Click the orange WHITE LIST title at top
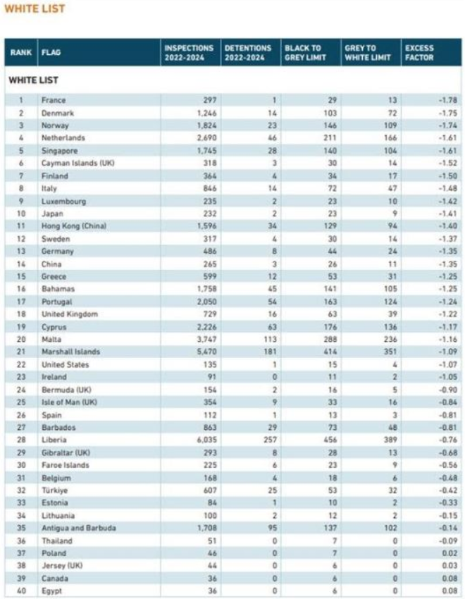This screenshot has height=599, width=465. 35,8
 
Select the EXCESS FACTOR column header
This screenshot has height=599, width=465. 419,53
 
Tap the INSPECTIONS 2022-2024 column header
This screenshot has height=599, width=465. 189,53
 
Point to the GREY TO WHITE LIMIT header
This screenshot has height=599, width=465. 368,53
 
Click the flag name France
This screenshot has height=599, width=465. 54,100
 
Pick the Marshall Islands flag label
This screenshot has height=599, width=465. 70,352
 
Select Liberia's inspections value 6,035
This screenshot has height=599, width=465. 206,440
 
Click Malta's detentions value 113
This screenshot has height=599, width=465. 270,339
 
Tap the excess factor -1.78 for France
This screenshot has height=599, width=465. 448,100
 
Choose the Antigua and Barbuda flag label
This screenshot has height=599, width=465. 79,528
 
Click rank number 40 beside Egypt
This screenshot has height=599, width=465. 21,591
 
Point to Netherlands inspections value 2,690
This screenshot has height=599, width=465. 206,137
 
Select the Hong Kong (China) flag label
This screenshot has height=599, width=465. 74,226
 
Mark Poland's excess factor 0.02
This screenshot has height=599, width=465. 449,553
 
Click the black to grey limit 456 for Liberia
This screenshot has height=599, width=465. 330,440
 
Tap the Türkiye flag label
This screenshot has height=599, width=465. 54,490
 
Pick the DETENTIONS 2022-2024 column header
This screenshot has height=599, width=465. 248,53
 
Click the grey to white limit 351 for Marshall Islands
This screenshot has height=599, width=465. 390,352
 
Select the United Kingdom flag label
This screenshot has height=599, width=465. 70,314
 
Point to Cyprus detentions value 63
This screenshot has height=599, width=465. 272,326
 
